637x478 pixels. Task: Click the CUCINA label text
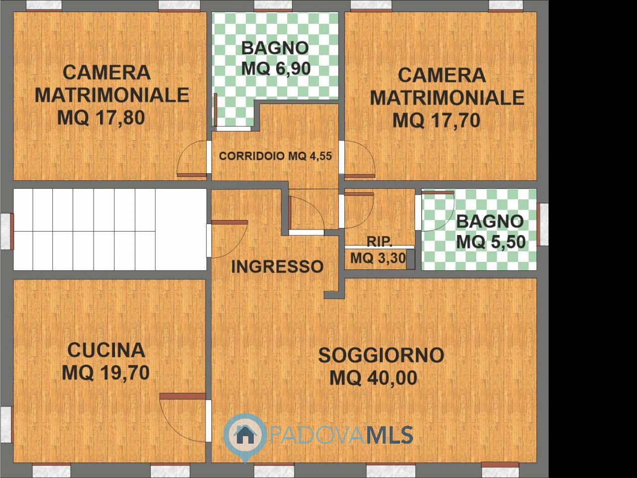coord(106,350)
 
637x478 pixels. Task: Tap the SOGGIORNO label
coord(381,355)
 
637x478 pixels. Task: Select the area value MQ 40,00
coord(374,377)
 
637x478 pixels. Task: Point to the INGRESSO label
coord(277,266)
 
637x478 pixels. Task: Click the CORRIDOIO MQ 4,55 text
coord(275,156)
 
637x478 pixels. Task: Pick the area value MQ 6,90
coord(276,69)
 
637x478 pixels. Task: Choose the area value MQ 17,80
coord(101,118)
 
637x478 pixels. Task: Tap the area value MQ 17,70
coord(436,120)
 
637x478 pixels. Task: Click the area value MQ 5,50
coord(491,241)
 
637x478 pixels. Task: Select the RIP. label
coord(380,241)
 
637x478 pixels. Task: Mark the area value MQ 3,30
coord(378,258)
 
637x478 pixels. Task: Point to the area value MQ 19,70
coord(106,372)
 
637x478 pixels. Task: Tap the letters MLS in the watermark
coord(390,435)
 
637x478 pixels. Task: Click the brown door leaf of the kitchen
coord(183,396)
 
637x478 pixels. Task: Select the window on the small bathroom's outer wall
coord(542,225)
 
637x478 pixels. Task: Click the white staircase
coord(110,230)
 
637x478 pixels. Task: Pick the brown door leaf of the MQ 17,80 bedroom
coord(192,175)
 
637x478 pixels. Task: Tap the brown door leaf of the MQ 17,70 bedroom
coord(360,176)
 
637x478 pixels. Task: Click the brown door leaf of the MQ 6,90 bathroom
coord(215,110)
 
